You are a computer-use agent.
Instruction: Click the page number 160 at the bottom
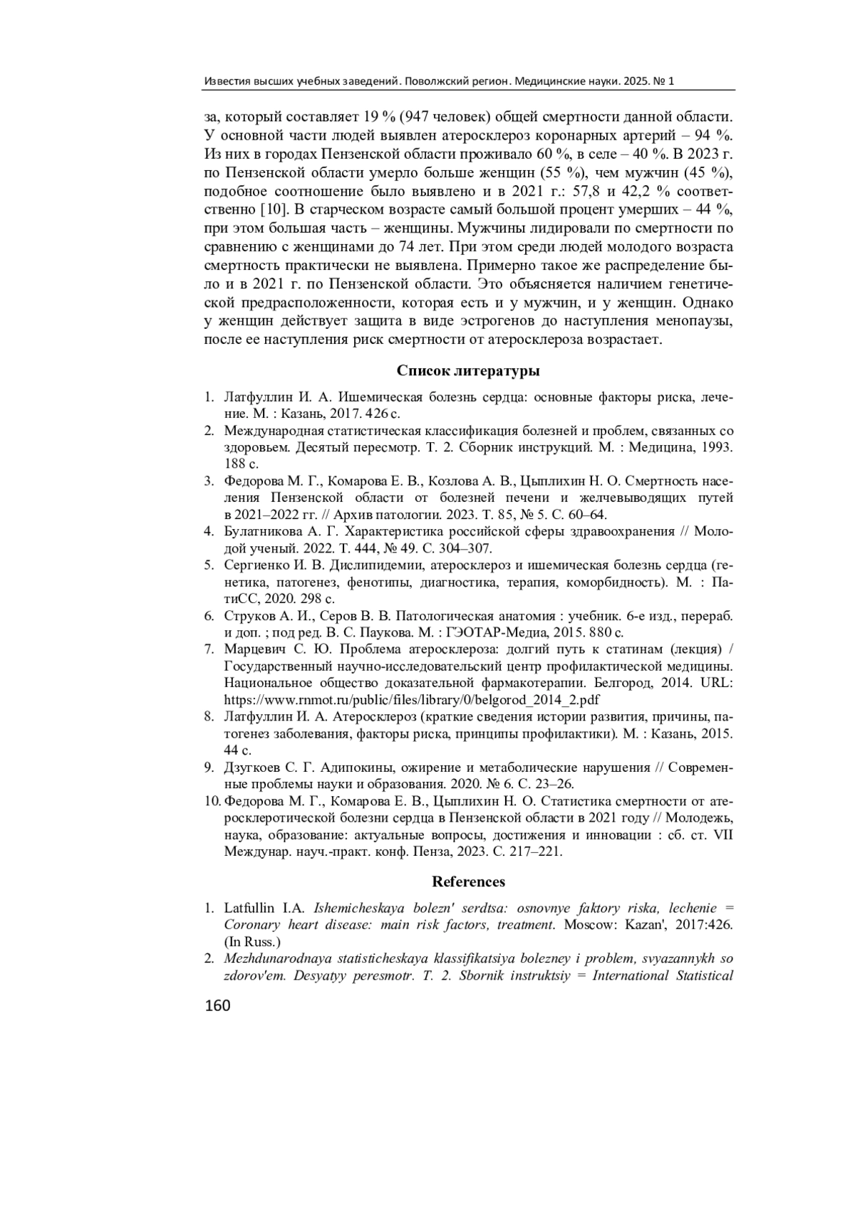pos(218,1007)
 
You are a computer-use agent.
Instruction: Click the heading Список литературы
pos(468,371)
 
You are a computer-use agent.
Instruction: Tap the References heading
pos(468,881)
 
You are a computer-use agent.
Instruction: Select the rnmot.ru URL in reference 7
pos(412,699)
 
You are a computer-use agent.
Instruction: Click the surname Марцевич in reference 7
pos(254,649)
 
